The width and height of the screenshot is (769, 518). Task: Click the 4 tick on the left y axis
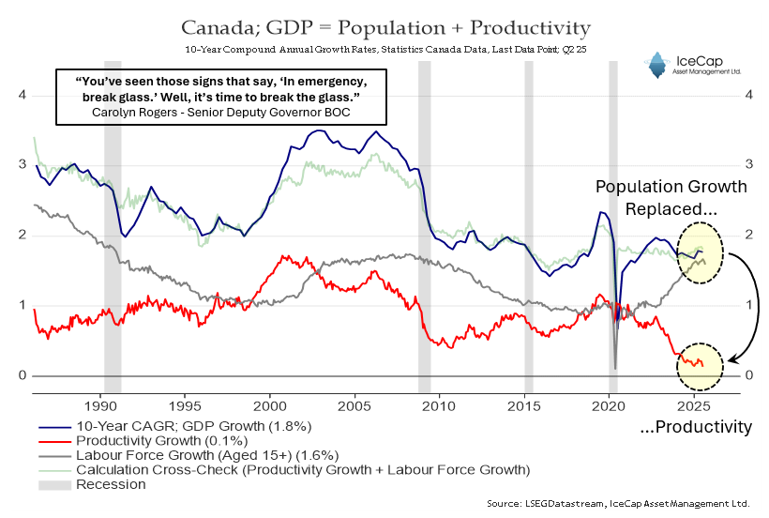click(x=21, y=95)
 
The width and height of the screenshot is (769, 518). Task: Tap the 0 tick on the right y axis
click(x=748, y=375)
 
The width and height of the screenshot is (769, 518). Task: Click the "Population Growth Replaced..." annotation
click(x=671, y=198)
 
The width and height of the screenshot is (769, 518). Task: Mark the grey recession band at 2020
click(x=613, y=225)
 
